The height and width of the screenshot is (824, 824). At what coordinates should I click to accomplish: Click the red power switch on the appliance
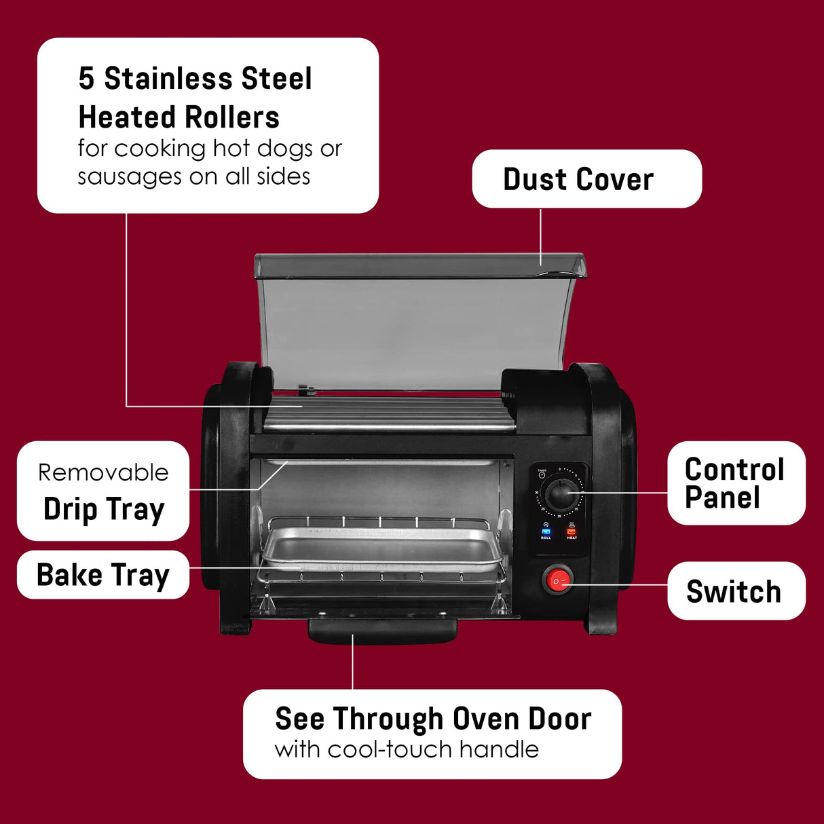558,580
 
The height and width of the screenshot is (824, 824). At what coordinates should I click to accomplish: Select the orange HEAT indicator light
572,531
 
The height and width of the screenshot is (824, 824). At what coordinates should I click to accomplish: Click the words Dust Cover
578,180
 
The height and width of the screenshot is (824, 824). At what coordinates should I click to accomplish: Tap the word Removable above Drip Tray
103,472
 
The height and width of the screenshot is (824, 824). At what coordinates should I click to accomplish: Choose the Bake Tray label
102,576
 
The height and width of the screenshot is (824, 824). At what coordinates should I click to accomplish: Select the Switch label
734,592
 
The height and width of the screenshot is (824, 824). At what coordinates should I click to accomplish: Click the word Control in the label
734,470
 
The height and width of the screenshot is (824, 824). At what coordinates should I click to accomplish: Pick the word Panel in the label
722,498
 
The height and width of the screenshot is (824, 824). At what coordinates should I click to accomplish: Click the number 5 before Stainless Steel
86,79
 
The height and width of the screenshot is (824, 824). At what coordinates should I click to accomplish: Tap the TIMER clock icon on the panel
542,475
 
